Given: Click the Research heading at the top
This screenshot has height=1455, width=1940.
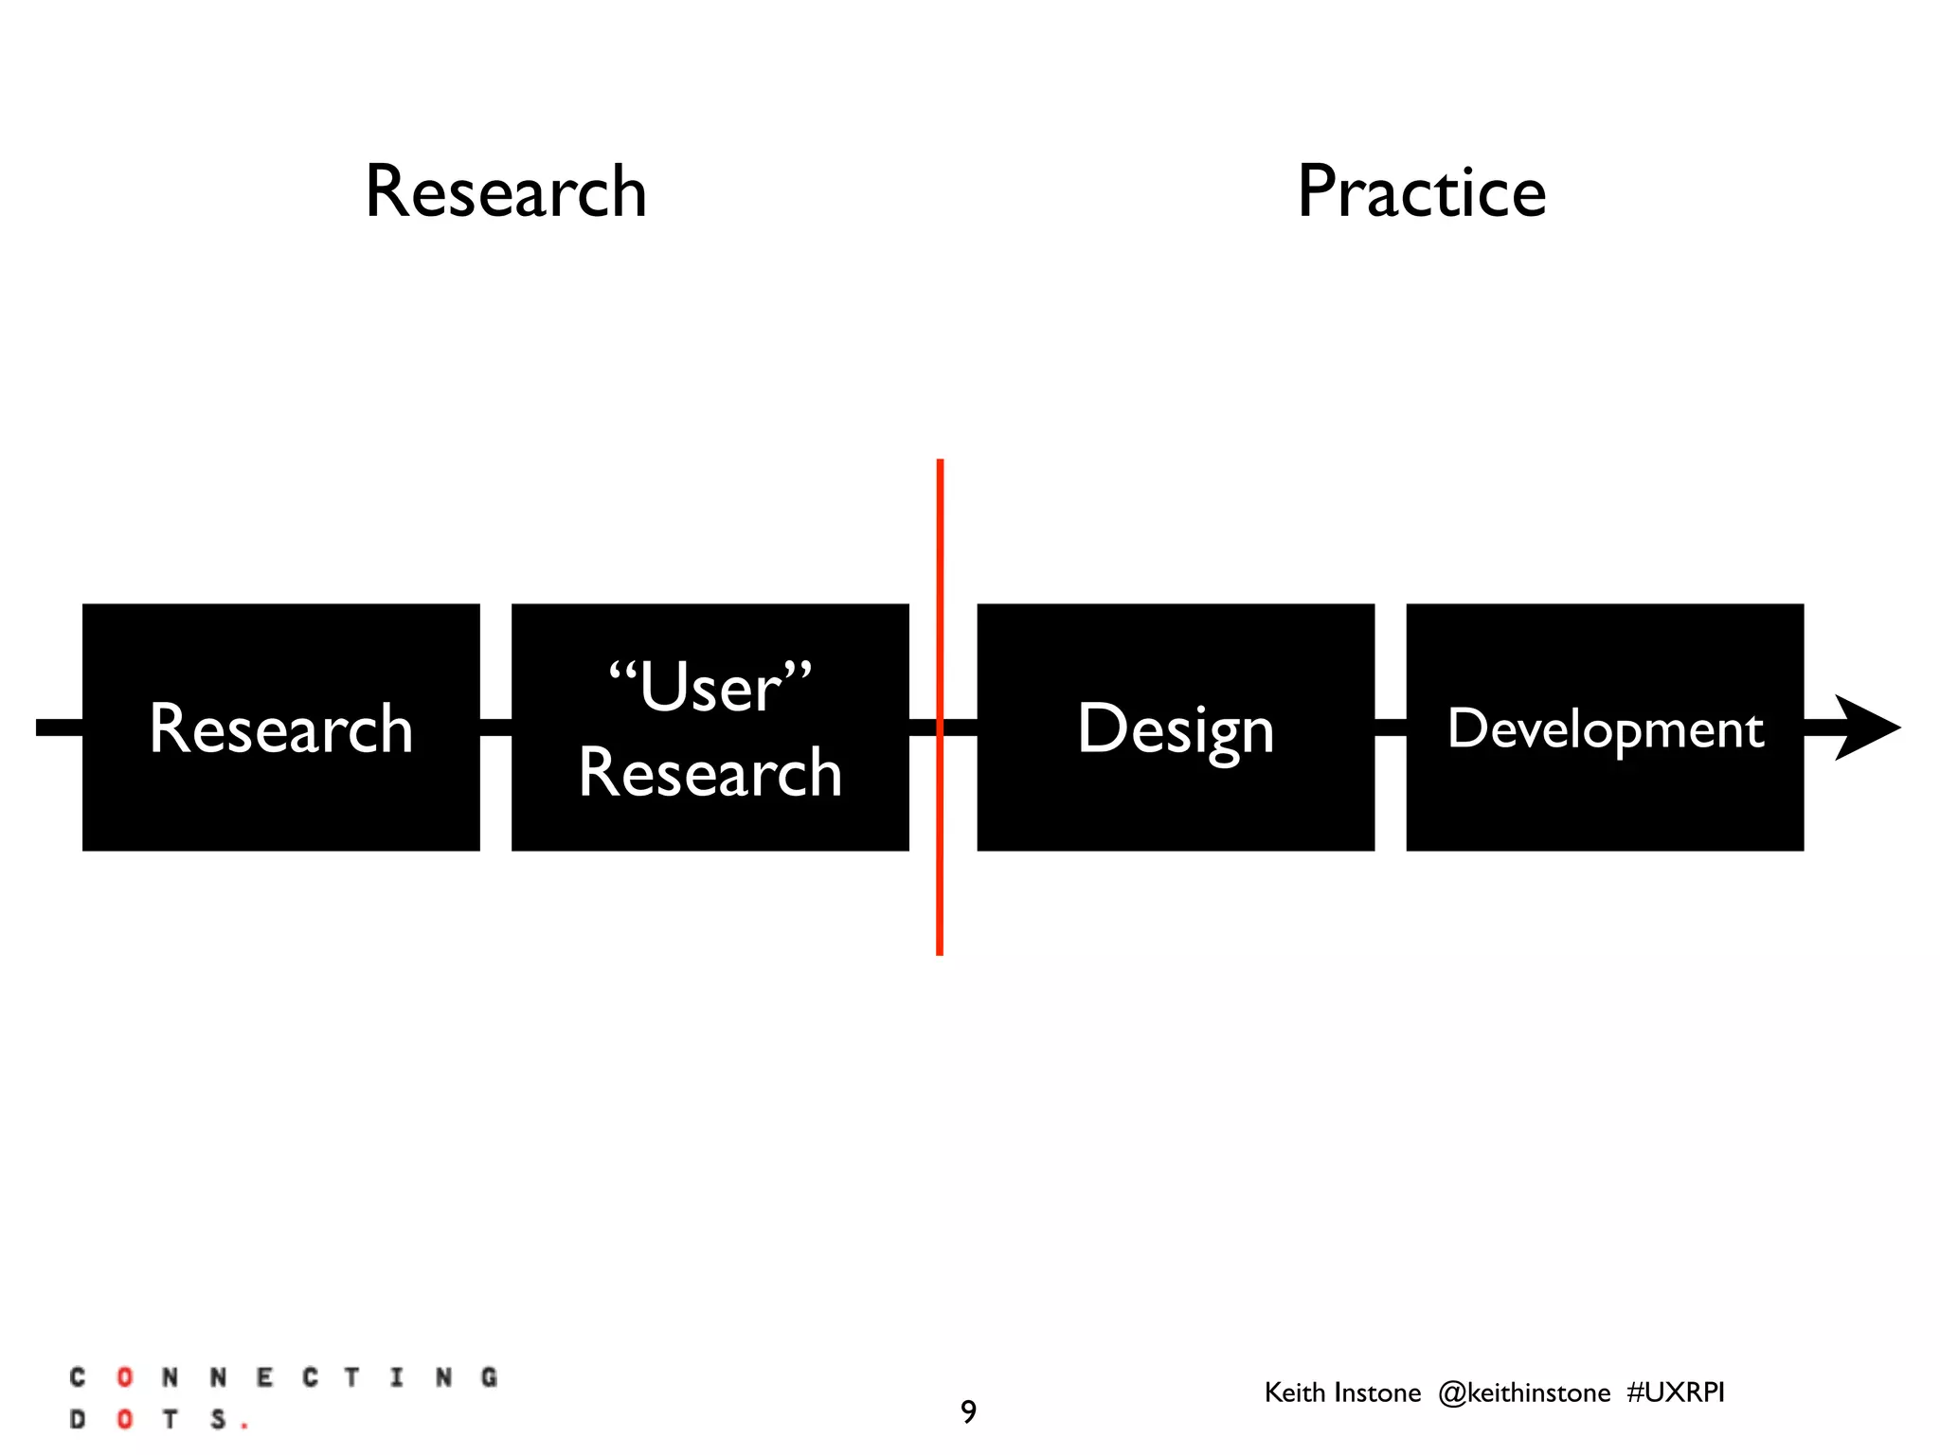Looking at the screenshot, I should click(506, 191).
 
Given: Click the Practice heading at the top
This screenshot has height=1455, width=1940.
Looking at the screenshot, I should click(1421, 191).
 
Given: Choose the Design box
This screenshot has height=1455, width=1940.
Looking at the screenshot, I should click(1175, 727).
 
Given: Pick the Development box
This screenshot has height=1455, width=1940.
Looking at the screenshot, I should click(1605, 727).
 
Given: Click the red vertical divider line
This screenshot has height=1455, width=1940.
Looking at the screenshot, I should click(940, 568).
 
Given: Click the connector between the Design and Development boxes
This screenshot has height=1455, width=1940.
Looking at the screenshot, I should click(1390, 727).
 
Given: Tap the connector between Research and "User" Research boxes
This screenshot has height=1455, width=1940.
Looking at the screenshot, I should click(495, 727).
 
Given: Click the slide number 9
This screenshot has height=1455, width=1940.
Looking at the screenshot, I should click(968, 1411).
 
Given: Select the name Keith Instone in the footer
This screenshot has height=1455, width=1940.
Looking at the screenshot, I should click(1342, 1392).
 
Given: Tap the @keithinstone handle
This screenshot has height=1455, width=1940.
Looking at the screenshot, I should click(1523, 1392).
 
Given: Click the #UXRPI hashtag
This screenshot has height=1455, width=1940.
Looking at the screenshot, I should click(1675, 1392).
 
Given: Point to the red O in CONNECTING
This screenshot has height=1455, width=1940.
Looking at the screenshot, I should click(124, 1377).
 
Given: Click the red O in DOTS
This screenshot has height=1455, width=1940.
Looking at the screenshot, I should click(124, 1419).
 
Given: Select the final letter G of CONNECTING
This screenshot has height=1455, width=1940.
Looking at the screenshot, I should click(489, 1377).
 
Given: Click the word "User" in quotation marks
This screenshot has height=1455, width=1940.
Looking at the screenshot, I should click(710, 688).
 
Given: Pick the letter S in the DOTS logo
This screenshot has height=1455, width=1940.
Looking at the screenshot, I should click(218, 1419).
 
